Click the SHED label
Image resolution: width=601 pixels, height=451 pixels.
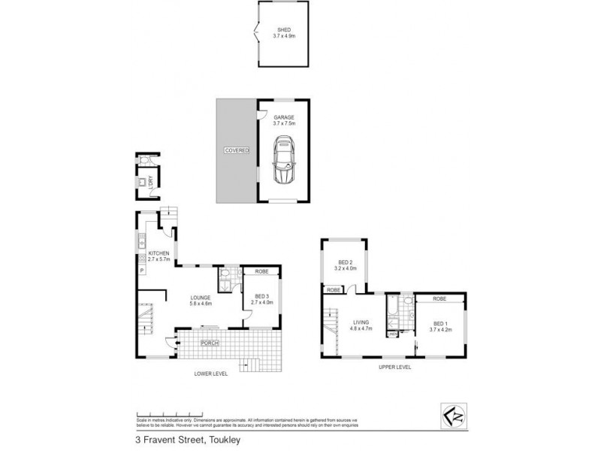pyautogui.click(x=283, y=29)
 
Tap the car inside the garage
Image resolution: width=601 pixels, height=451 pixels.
pyautogui.click(x=283, y=160)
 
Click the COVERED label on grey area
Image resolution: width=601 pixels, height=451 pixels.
pyautogui.click(x=237, y=150)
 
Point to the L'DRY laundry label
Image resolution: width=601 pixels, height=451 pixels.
pyautogui.click(x=152, y=183)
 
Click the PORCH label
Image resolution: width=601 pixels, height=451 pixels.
pyautogui.click(x=209, y=344)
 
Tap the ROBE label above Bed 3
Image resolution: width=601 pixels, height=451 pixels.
pyautogui.click(x=261, y=271)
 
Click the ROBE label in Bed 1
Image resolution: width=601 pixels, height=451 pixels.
pyautogui.click(x=440, y=298)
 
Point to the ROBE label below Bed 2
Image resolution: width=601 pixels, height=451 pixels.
pyautogui.click(x=333, y=289)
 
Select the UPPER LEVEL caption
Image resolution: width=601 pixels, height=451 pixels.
pyautogui.click(x=394, y=368)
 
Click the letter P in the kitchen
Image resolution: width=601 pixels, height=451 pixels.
pyautogui.click(x=140, y=269)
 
